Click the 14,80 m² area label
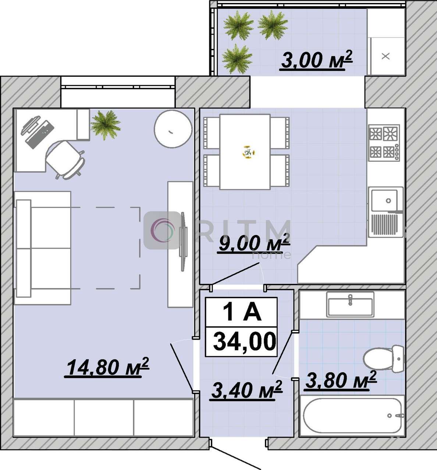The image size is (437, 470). [x=107, y=367]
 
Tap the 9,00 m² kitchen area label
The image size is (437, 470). [x=253, y=244]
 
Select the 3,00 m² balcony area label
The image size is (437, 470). [x=316, y=60]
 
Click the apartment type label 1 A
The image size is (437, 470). [x=242, y=312]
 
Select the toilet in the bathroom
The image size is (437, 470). [x=383, y=359]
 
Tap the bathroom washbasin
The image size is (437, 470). [x=350, y=304]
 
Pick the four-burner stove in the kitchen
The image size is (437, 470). [x=384, y=143]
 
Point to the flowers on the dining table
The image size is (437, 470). [x=248, y=152]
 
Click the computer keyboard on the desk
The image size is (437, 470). [x=40, y=134]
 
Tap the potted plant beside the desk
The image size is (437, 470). [x=106, y=125]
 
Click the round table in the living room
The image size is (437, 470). [x=173, y=129]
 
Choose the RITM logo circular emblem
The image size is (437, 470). [x=163, y=230]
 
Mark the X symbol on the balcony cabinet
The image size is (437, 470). [x=386, y=56]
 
